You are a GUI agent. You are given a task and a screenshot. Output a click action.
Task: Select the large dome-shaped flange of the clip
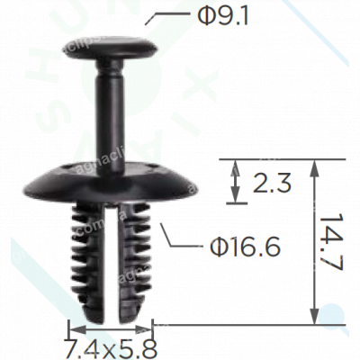112,175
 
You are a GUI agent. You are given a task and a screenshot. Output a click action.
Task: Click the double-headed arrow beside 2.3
236,181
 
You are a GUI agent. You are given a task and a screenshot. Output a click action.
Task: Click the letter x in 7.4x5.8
110,346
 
